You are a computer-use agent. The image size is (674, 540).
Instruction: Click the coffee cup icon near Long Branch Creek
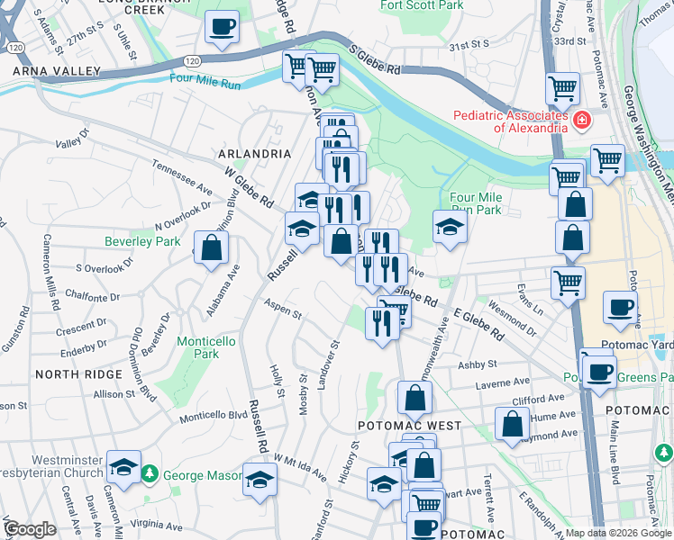pyautogui.click(x=222, y=27)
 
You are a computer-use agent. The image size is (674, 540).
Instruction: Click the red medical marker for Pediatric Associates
pyautogui.click(x=582, y=120)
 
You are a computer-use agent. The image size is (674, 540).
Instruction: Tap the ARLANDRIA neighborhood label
pyautogui.click(x=254, y=154)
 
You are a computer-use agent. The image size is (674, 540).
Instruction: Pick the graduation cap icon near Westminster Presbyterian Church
pyautogui.click(x=123, y=466)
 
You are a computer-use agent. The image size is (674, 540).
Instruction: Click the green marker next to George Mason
pyautogui.click(x=154, y=474)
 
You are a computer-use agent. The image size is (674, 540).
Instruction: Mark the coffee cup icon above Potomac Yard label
pyautogui.click(x=620, y=306)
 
